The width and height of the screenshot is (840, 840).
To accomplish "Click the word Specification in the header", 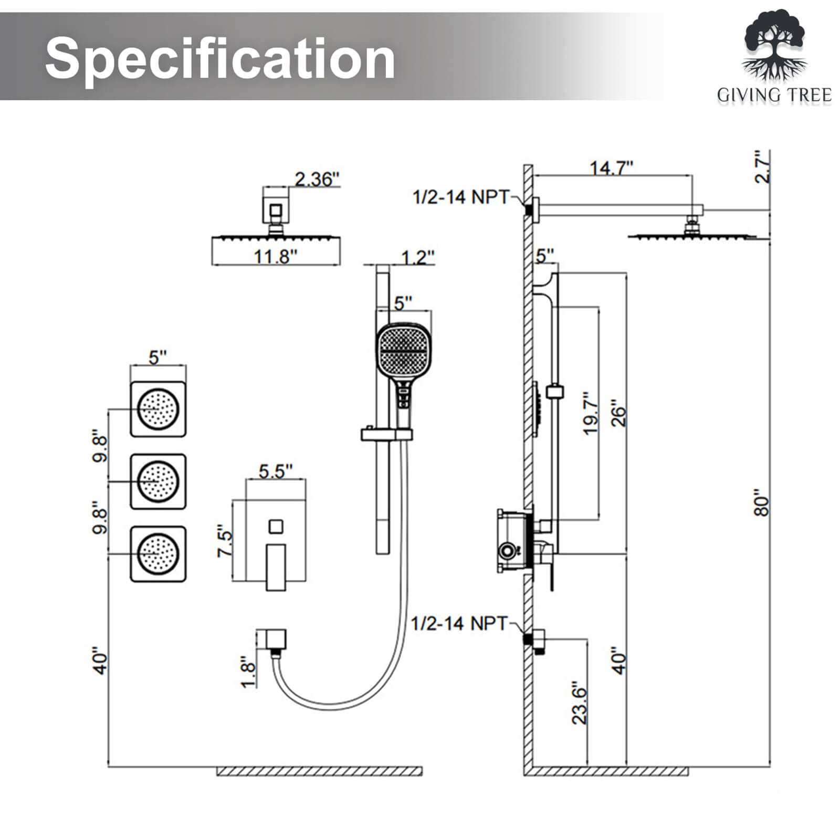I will pyautogui.click(x=220, y=58).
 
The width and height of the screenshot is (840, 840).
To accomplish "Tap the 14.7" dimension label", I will pyautogui.click(x=611, y=168).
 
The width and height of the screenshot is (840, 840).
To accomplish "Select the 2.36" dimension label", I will pyautogui.click(x=317, y=179).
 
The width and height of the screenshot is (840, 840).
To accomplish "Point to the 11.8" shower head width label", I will pyautogui.click(x=276, y=257).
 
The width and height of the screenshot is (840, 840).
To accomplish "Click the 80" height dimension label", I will pyautogui.click(x=762, y=503).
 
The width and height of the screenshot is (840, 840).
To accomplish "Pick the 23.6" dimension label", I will pyautogui.click(x=579, y=703).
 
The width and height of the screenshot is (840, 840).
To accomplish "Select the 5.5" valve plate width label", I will pyautogui.click(x=276, y=471).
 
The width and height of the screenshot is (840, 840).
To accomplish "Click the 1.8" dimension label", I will pyautogui.click(x=248, y=671).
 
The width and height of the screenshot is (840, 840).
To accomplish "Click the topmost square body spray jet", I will pyautogui.click(x=158, y=409).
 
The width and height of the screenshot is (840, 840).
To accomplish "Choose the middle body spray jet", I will pyautogui.click(x=158, y=481).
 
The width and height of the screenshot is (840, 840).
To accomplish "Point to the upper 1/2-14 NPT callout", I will pyautogui.click(x=461, y=197).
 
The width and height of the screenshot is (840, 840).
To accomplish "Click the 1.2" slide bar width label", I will pyautogui.click(x=418, y=258).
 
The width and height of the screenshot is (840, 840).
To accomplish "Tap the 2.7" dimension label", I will pyautogui.click(x=762, y=167).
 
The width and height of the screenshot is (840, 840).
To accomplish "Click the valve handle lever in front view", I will pyautogui.click(x=276, y=567).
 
